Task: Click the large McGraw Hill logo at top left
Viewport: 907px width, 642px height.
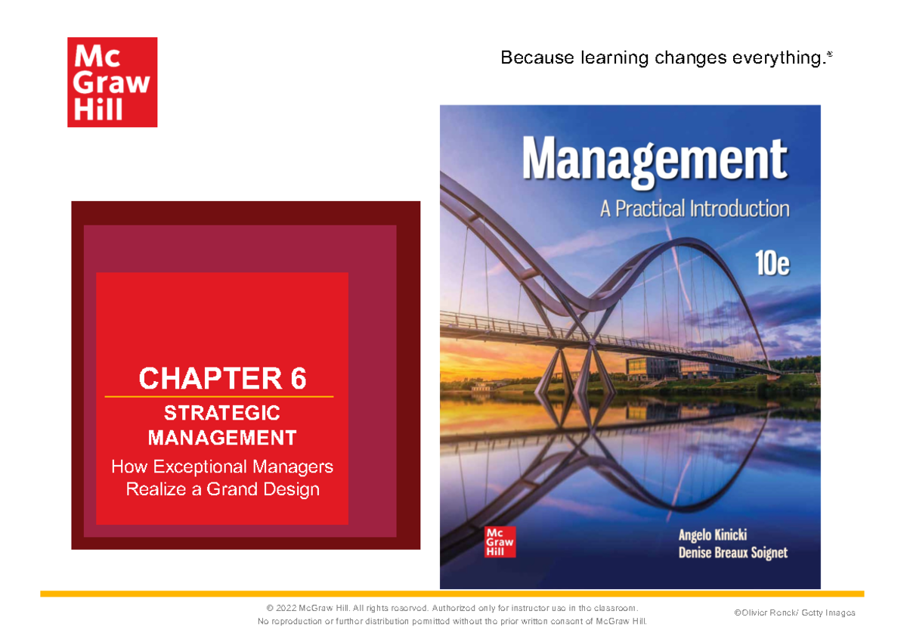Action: (112, 82)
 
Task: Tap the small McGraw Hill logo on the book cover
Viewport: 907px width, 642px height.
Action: (499, 540)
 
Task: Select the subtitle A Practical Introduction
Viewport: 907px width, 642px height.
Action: (695, 208)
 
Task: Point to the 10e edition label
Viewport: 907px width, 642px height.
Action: (772, 264)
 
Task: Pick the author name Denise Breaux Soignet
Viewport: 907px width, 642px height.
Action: (732, 553)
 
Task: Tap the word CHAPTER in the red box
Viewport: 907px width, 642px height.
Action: (205, 378)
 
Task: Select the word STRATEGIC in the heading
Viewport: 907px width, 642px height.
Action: (222, 413)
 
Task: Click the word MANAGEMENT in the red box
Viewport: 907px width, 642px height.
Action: (222, 437)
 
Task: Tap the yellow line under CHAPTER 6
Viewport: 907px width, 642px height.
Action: (219, 396)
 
